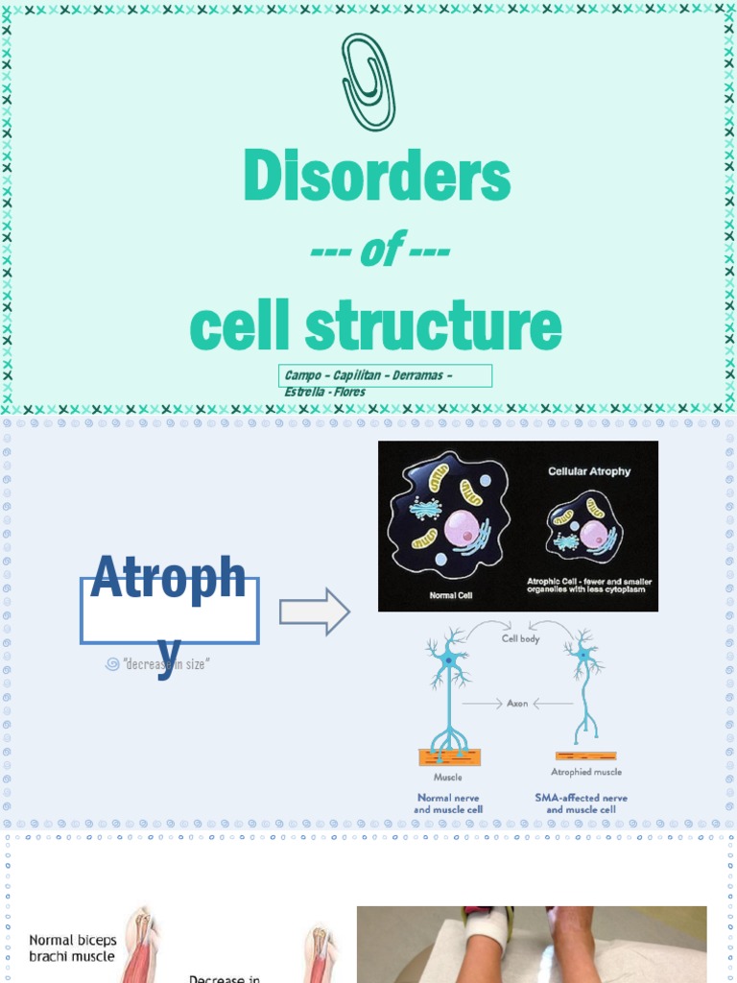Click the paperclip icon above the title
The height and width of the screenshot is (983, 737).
coord(368,84)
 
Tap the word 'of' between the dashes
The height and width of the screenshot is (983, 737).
coord(376,252)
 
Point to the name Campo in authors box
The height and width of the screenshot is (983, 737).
coord(302,375)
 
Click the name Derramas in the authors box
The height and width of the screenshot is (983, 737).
coord(420,375)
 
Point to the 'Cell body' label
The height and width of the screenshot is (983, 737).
coord(521,638)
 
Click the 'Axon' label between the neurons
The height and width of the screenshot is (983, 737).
coord(518,704)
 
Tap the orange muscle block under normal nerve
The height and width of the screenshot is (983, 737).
coord(449,757)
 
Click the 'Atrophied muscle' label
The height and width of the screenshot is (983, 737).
coord(585,772)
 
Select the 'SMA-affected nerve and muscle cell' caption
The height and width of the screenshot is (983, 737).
coord(581,803)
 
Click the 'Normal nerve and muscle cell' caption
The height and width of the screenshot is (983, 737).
coord(448,803)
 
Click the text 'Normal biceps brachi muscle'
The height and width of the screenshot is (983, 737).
coord(72,947)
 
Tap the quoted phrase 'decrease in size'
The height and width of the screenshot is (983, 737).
coord(165,664)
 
